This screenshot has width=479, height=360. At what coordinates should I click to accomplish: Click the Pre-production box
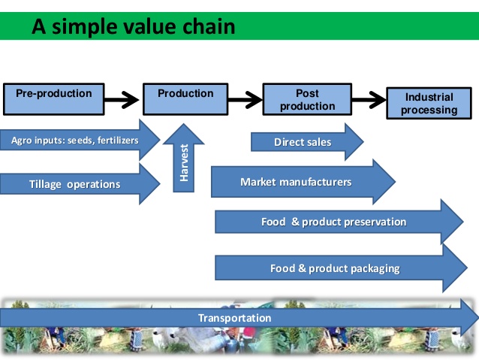(x=54, y=98)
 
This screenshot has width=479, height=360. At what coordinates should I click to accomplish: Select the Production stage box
(x=185, y=98)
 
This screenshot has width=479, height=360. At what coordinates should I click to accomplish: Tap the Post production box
(x=308, y=100)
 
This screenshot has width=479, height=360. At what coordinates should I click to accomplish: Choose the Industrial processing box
(x=429, y=104)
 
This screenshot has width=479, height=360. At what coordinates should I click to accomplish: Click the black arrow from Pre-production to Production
(x=123, y=98)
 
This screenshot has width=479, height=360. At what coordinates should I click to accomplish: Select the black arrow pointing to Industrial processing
(x=369, y=98)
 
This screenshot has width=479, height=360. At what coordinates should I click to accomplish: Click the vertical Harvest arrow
(x=183, y=159)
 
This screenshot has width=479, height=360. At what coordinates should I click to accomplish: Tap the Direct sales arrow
(x=303, y=142)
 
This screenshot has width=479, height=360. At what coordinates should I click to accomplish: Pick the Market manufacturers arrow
(x=296, y=182)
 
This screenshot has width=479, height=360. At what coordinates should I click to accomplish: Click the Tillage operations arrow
(x=74, y=184)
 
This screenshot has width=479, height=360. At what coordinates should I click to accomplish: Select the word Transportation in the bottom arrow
(x=234, y=318)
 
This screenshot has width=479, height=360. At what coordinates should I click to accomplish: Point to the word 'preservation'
(x=375, y=222)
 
